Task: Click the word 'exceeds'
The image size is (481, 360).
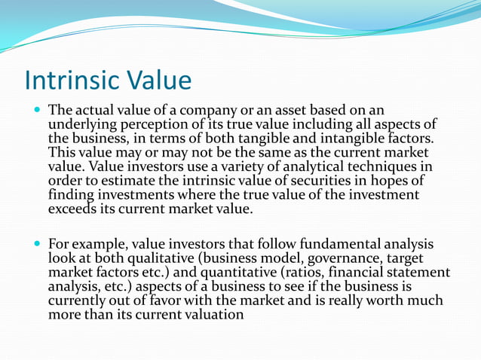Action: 75,207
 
